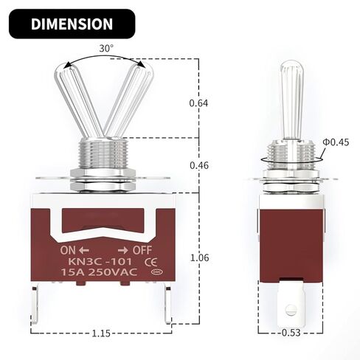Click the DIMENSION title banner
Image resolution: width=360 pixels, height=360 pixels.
pyautogui.click(x=72, y=24)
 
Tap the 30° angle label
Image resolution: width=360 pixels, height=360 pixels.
pyautogui.click(x=106, y=49)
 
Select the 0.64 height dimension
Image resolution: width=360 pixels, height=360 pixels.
pyautogui.click(x=198, y=103)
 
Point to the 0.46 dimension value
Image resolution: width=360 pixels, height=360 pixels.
pyautogui.click(x=199, y=165)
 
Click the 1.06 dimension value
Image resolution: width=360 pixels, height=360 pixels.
pyautogui.click(x=199, y=257)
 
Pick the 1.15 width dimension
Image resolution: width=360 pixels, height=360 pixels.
pyautogui.click(x=101, y=333)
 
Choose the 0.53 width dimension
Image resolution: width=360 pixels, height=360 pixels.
pyautogui.click(x=291, y=333)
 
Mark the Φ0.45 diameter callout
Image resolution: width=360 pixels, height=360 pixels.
pyautogui.click(x=336, y=142)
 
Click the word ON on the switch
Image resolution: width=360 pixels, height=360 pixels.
pyautogui.click(x=68, y=250)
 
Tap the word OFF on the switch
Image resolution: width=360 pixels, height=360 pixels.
pyautogui.click(x=142, y=250)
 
